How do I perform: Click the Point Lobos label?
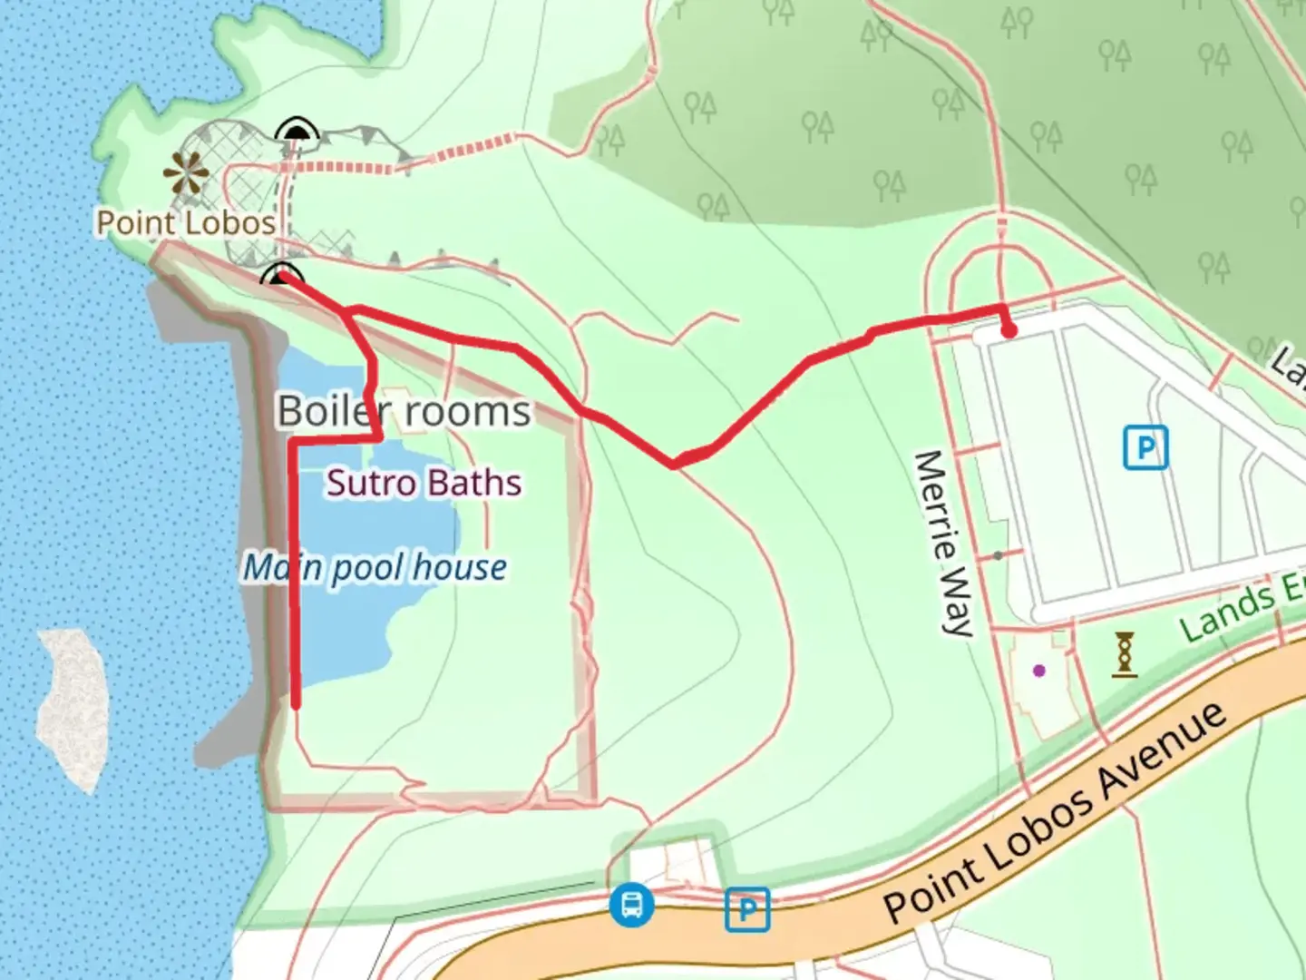pos(186,223)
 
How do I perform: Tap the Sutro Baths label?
pos(424,483)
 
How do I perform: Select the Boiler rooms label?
pos(404,412)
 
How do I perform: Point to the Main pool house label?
pos(375,568)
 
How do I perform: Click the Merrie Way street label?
pos(945,543)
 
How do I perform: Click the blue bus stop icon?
pos(631,905)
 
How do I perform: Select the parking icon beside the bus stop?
pos(747,908)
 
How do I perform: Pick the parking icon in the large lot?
pos(1145,448)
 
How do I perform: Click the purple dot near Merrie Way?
pos(1039,671)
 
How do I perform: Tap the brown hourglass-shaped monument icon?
pos(1125,654)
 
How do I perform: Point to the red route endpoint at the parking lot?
pos(1009,331)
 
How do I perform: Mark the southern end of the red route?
pos(296,702)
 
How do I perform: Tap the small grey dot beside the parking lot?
pos(998,555)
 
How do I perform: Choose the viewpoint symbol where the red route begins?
pos(280,274)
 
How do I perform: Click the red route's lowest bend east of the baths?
pos(674,465)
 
